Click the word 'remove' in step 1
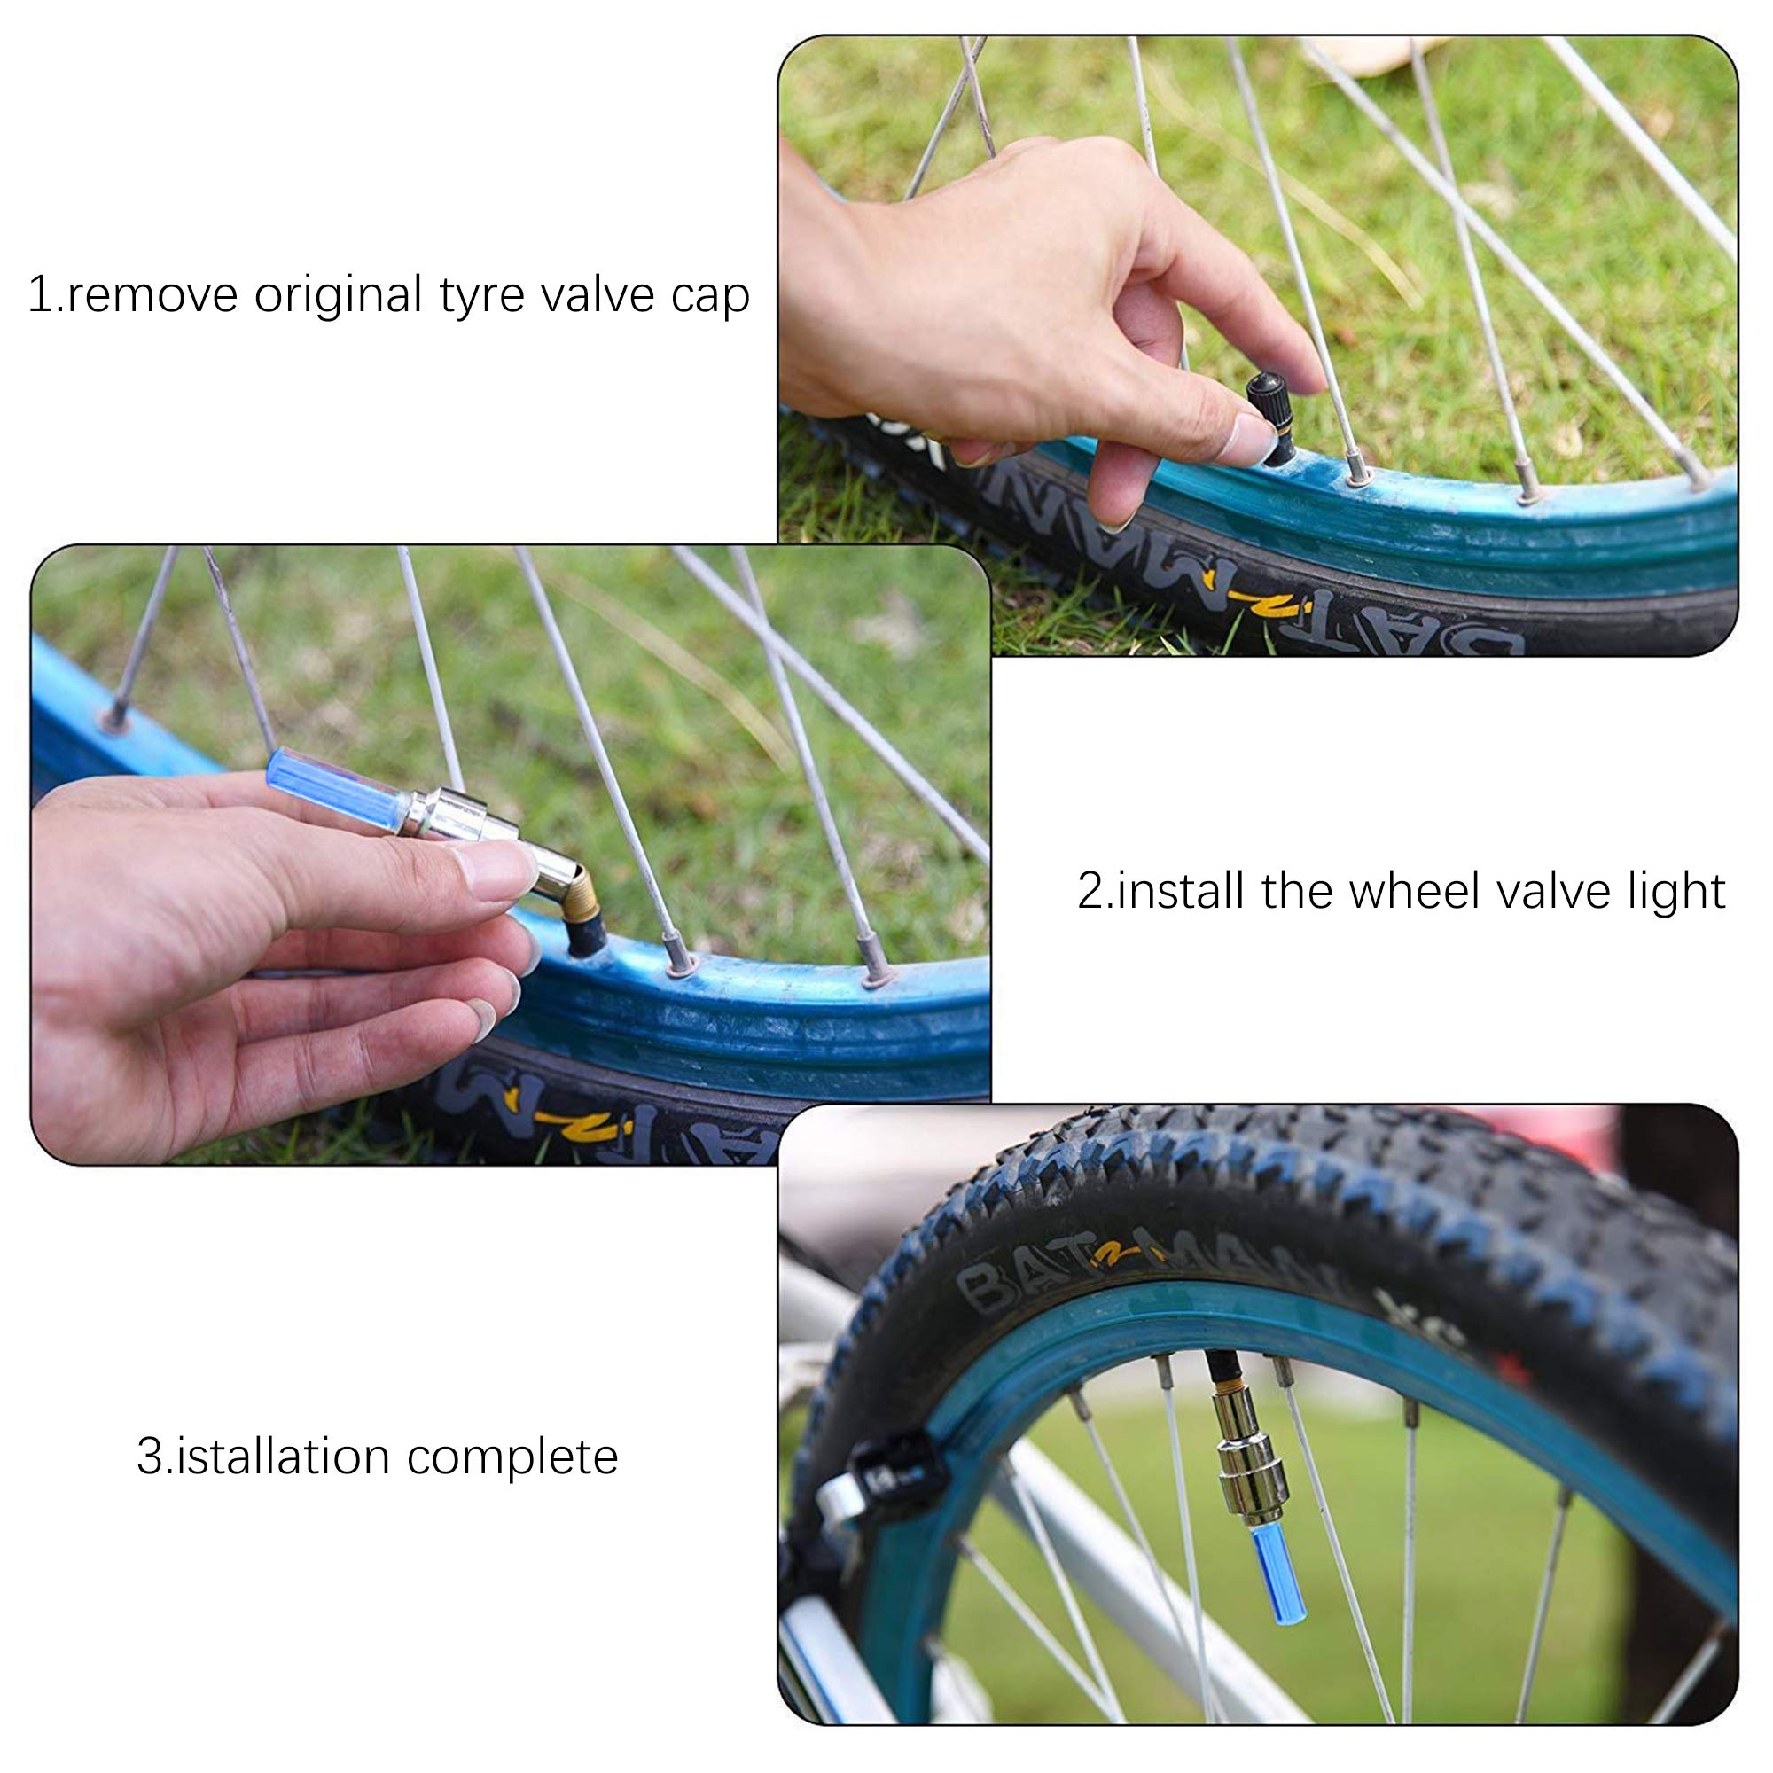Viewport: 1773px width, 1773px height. (151, 296)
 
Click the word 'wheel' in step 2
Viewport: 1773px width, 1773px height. (1407, 891)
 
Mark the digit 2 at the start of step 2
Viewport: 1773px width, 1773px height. (1090, 891)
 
